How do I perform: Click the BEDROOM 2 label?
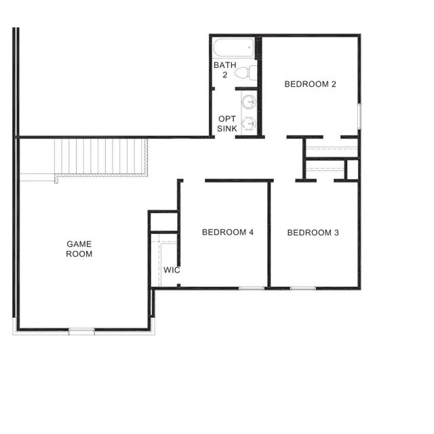point(310,84)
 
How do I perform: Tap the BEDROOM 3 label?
point(313,233)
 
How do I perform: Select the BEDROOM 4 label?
point(228,232)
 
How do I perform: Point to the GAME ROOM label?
point(79,249)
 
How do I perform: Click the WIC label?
point(172,270)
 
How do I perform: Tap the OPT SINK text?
point(226,123)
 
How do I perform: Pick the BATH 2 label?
point(224,70)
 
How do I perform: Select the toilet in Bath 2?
point(250,73)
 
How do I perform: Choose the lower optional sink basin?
point(250,123)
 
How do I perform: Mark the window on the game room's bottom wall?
point(81,331)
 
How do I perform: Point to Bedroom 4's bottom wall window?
point(252,288)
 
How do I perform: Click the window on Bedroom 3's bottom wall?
point(303,288)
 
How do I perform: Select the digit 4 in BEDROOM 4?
point(251,232)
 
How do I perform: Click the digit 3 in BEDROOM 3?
point(336,233)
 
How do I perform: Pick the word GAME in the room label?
point(79,244)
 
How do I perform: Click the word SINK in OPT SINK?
point(226,128)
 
